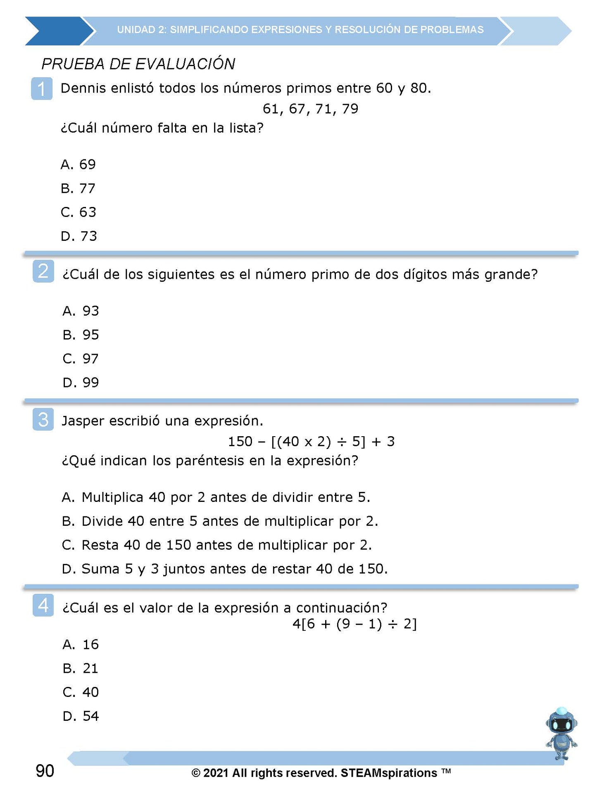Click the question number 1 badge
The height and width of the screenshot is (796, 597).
[42, 88]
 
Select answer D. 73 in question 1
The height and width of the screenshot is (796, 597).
[78, 236]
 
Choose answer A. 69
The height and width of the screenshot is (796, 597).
[78, 164]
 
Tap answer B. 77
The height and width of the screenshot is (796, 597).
[78, 188]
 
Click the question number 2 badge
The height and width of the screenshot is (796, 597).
[43, 271]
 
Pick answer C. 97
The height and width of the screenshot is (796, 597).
[81, 359]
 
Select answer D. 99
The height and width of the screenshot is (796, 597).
[81, 383]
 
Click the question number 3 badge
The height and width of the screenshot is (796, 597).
[43, 420]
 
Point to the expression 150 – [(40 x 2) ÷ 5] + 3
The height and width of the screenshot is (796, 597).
[311, 442]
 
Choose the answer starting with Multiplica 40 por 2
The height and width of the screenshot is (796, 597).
[216, 497]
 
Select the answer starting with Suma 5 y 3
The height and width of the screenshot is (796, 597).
[224, 569]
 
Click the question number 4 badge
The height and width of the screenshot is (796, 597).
[43, 606]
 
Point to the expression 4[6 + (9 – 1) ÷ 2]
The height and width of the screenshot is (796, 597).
[354, 624]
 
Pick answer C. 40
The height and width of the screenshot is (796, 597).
[81, 692]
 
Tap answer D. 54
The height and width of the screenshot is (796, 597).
[81, 716]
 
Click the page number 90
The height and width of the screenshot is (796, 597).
[45, 771]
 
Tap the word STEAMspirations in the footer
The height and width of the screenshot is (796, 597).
[388, 773]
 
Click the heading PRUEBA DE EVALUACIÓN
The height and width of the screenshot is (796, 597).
[138, 64]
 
